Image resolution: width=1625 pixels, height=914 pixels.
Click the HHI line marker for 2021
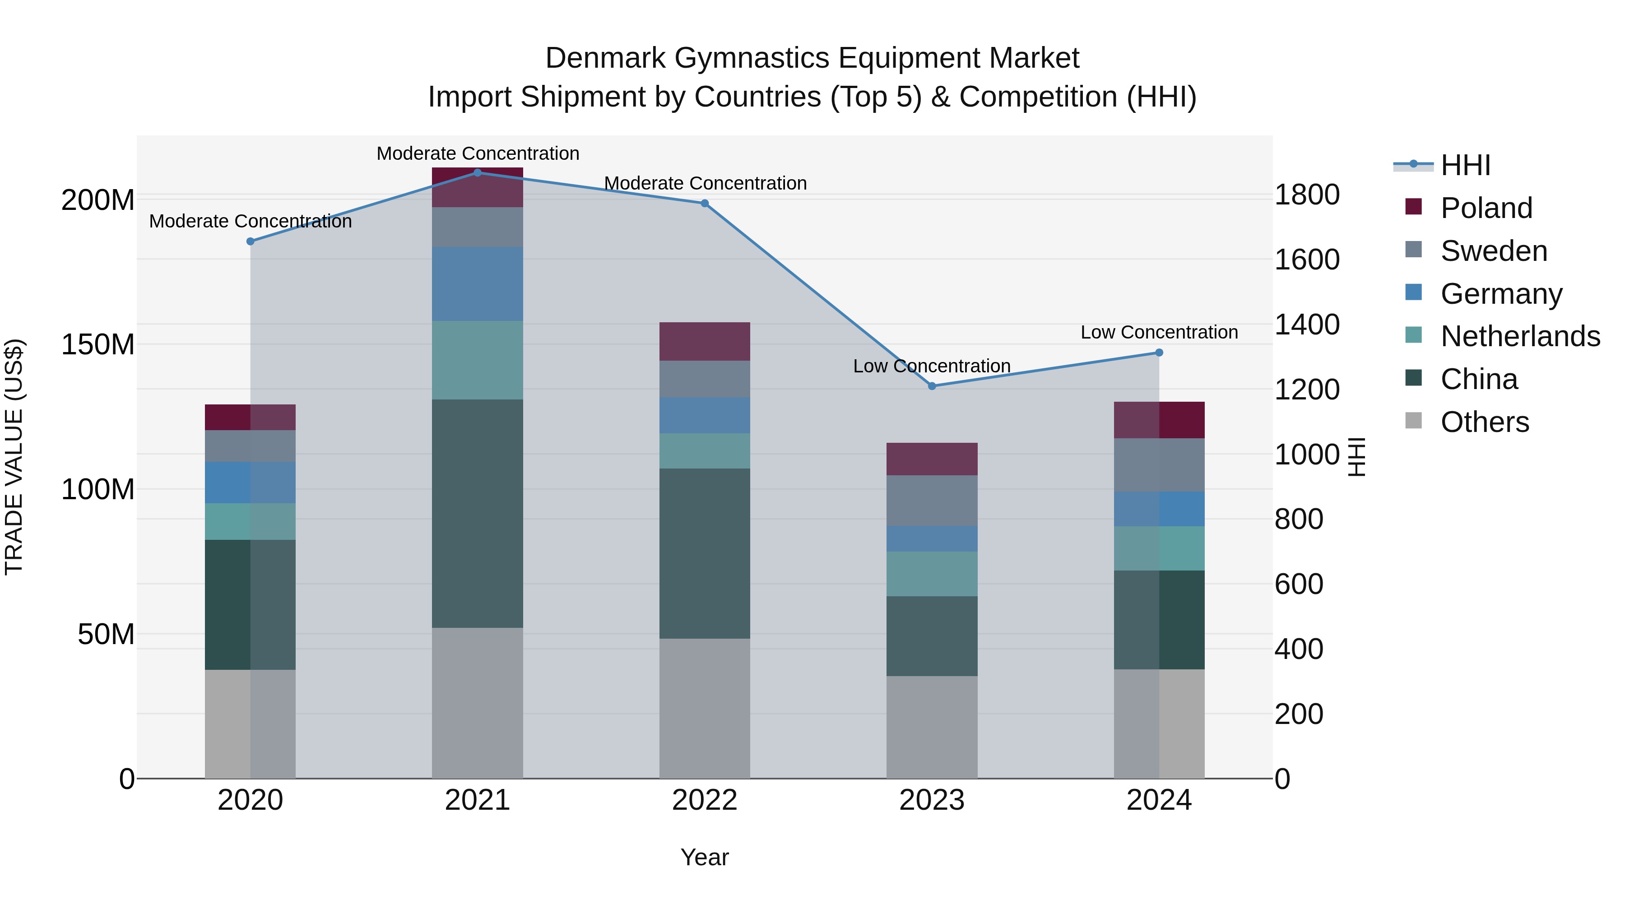[478, 173]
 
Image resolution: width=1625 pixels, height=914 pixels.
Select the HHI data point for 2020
[251, 241]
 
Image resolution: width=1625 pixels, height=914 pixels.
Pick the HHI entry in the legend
[1465, 165]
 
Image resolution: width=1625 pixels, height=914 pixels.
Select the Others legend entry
[1484, 422]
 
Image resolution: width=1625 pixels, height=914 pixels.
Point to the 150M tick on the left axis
[98, 345]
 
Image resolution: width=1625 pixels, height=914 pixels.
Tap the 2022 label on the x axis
[705, 800]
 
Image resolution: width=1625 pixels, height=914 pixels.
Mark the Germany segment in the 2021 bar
[478, 284]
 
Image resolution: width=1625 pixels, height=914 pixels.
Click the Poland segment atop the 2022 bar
[705, 341]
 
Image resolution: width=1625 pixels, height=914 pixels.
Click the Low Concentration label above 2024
[1159, 332]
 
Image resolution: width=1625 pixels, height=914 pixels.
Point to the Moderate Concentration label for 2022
[705, 184]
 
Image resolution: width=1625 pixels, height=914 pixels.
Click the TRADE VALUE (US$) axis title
[14, 457]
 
